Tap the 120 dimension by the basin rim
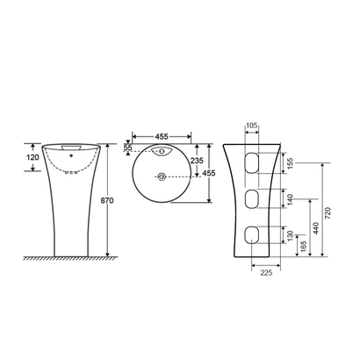(x=32, y=157)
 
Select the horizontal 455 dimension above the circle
(x=162, y=137)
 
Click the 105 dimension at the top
(x=252, y=126)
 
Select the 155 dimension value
(x=291, y=162)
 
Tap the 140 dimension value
(x=291, y=200)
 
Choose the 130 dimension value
(x=291, y=235)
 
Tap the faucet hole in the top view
(x=162, y=153)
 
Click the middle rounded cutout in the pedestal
(x=252, y=198)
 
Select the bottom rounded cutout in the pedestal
(x=252, y=234)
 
